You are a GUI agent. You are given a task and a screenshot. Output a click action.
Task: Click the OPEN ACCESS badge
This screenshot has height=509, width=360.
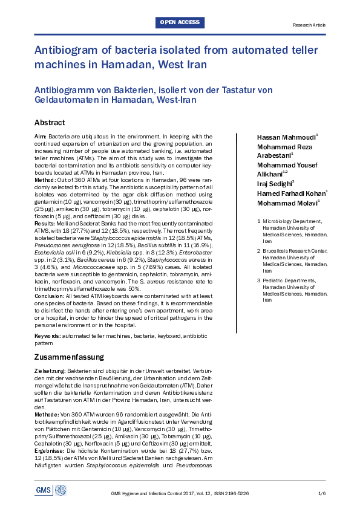click(180, 23)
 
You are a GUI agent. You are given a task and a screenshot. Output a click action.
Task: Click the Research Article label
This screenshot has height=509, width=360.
click(309, 25)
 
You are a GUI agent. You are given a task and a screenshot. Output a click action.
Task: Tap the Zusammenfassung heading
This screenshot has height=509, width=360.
click(69, 357)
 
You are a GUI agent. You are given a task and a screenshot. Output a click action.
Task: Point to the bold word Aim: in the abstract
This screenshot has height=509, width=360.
click(41, 137)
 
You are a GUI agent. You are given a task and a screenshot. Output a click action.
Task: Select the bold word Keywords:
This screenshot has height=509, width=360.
click(47, 335)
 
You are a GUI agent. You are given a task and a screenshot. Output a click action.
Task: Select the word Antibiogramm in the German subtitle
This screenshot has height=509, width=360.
click(68, 90)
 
